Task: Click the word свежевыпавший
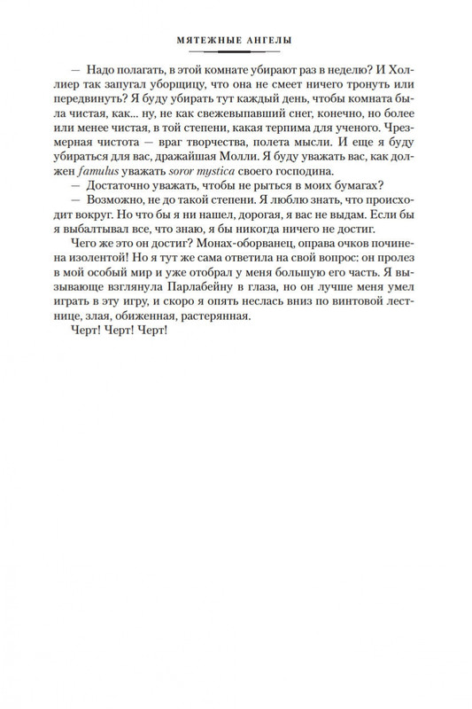tap(217, 123)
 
